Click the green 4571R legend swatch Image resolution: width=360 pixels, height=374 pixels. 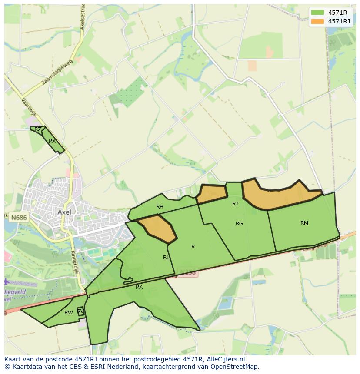pyautogui.click(x=317, y=12)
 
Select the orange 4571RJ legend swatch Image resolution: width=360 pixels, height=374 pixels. pyautogui.click(x=317, y=21)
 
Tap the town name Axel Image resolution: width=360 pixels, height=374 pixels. pyautogui.click(x=64, y=212)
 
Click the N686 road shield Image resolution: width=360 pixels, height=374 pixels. pyautogui.click(x=19, y=217)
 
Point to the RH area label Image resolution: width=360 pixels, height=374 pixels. pyautogui.click(x=160, y=207)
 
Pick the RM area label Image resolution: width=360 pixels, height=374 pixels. pyautogui.click(x=304, y=223)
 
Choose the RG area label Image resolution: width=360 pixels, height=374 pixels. pyautogui.click(x=239, y=224)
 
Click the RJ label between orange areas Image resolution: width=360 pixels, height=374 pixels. pyautogui.click(x=235, y=203)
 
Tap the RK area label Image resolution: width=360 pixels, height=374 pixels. pyautogui.click(x=139, y=287)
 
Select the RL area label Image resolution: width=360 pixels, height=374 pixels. pyautogui.click(x=166, y=258)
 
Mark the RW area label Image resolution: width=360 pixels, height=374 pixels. pyautogui.click(x=68, y=313)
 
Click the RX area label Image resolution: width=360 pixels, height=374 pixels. pyautogui.click(x=52, y=141)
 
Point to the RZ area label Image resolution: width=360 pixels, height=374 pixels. pyautogui.click(x=37, y=129)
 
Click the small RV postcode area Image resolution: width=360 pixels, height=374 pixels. pyautogui.click(x=80, y=311)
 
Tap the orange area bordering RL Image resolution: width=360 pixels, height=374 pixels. pyautogui.click(x=158, y=228)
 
